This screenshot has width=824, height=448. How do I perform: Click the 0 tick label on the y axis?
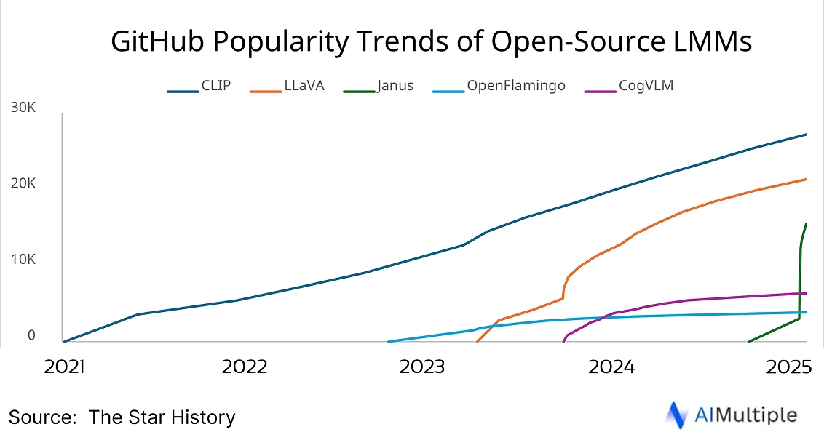(31, 335)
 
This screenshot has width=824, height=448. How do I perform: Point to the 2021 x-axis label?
(64, 367)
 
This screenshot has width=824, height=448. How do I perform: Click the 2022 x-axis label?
(245, 367)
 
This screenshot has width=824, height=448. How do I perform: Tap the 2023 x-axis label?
(422, 367)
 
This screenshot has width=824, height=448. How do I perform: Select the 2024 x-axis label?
(611, 367)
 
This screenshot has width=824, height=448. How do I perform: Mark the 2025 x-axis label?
(788, 367)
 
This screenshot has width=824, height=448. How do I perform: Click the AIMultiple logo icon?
(678, 415)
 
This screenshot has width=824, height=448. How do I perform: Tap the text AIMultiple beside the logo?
(745, 415)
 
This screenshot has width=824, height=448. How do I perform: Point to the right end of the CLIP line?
(806, 135)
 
